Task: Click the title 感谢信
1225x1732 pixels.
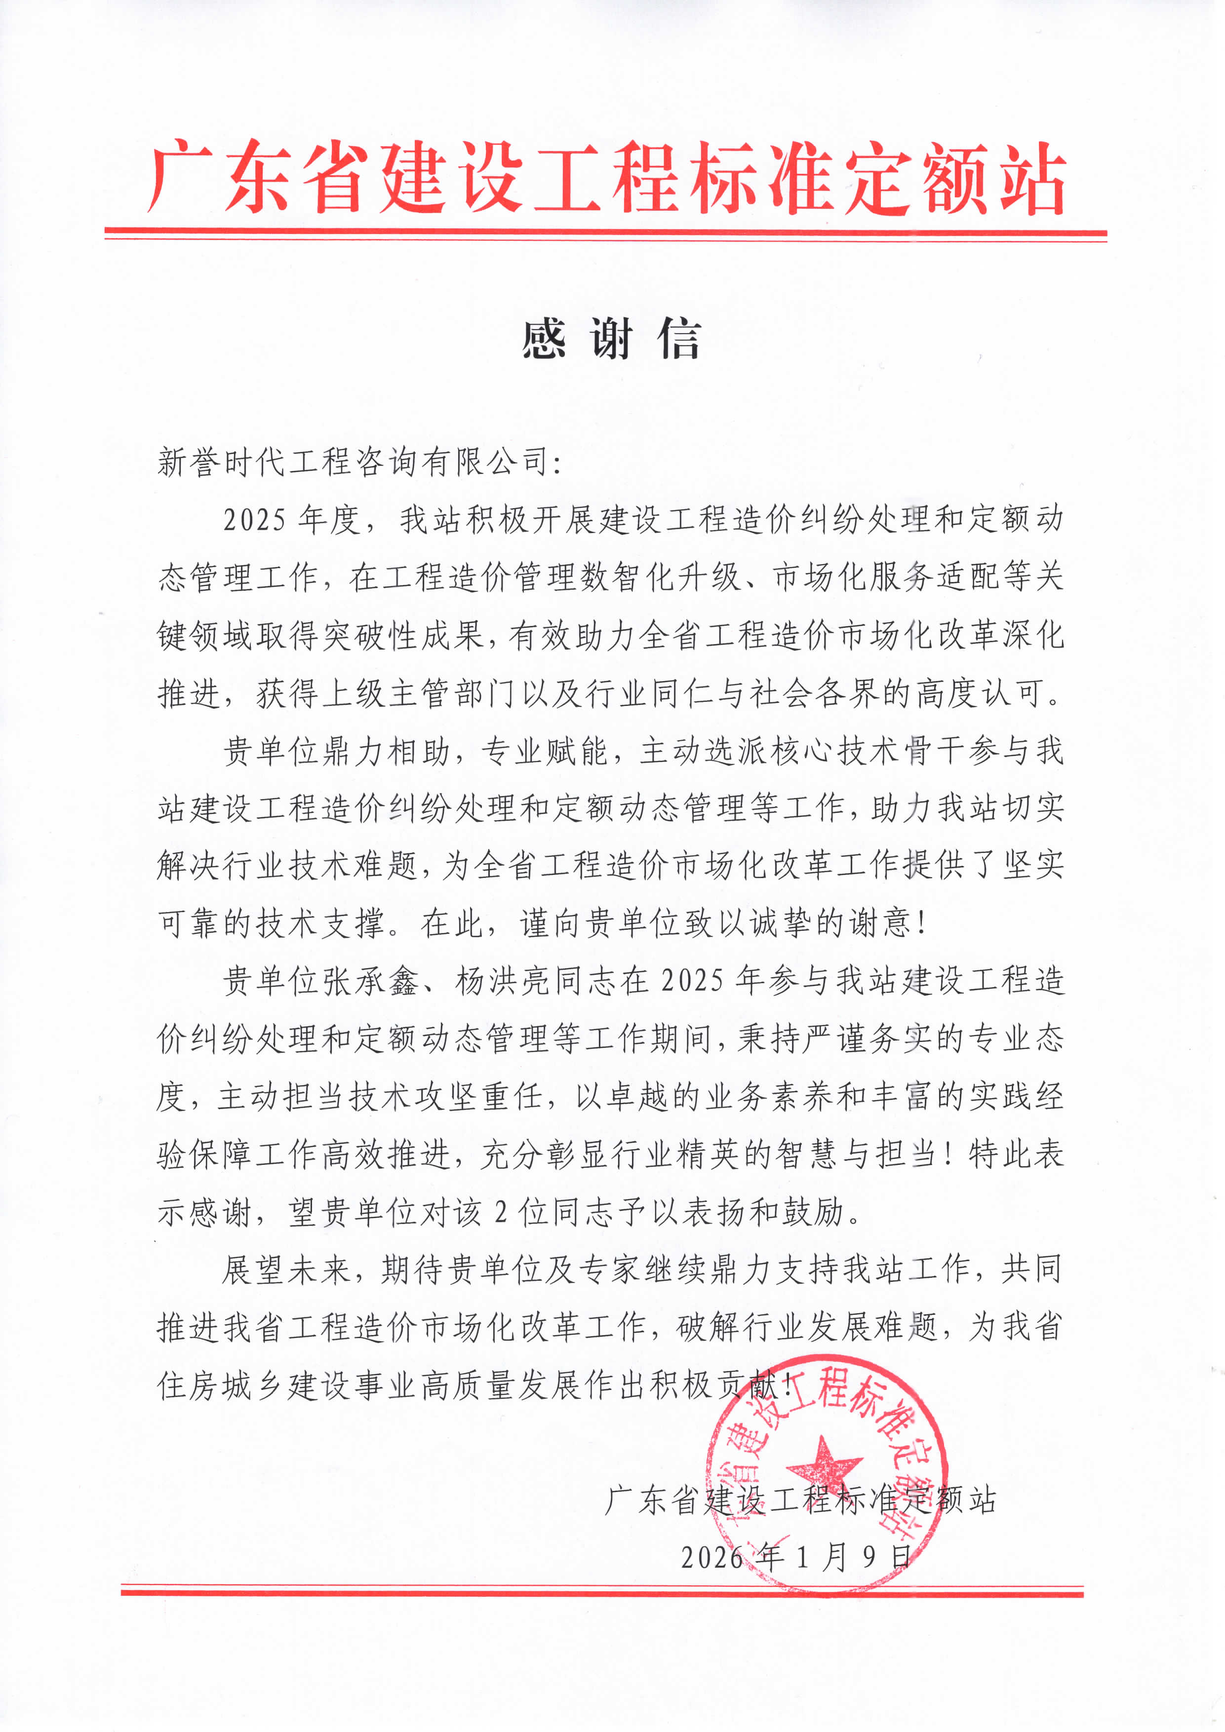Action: [x=611, y=339]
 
